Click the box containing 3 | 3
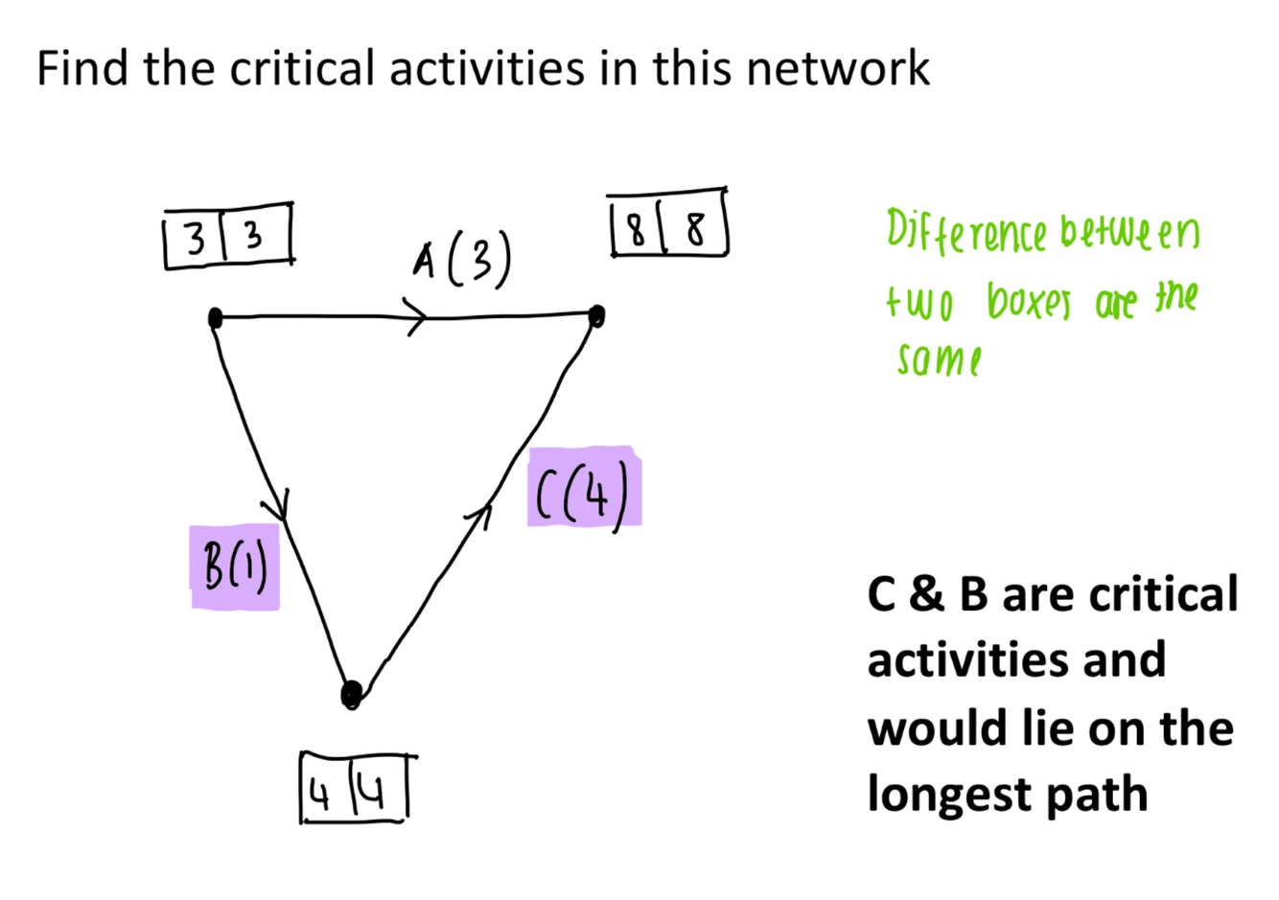pos(228,236)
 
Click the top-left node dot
pos(215,317)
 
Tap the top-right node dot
pos(596,314)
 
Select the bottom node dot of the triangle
pos(352,693)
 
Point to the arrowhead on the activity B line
pos(279,505)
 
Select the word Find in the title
pos(82,69)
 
